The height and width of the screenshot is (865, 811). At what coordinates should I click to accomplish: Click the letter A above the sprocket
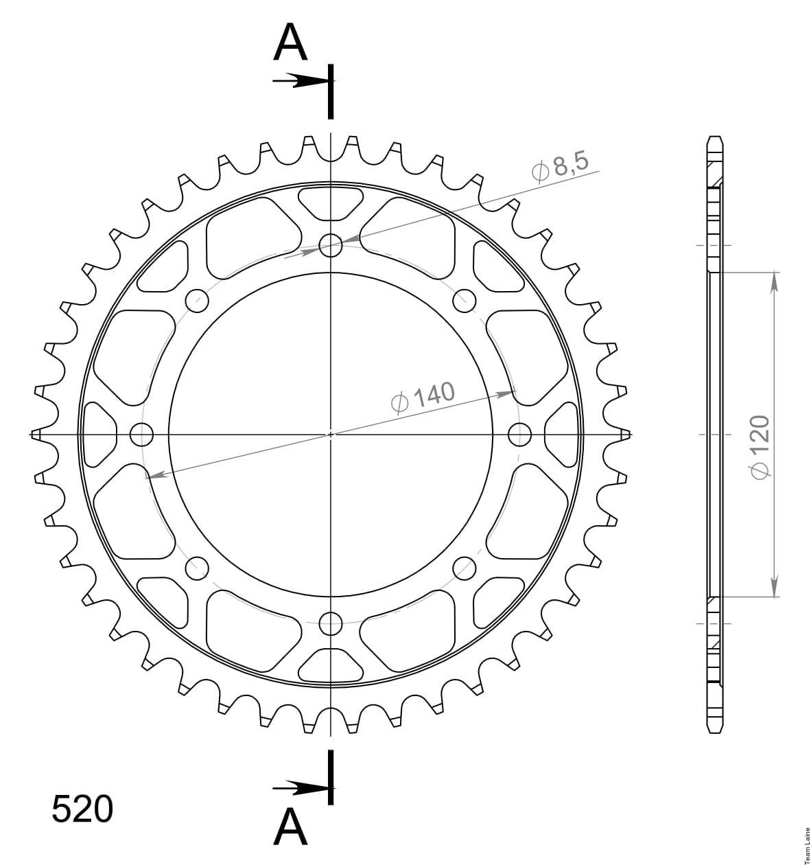click(290, 41)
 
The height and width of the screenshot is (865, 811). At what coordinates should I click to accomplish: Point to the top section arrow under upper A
click(300, 81)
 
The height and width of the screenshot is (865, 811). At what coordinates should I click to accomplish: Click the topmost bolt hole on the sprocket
click(331, 246)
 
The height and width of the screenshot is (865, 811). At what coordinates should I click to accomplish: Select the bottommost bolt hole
click(331, 624)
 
